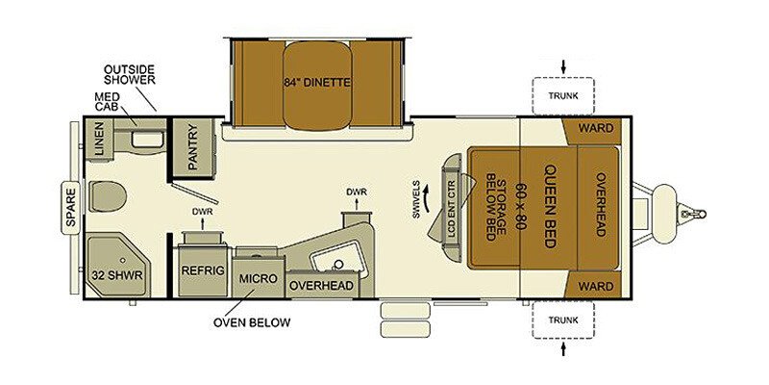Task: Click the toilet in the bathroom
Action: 108,196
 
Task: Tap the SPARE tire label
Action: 70,207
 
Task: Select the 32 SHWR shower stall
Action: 117,266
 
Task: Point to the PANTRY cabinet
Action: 192,147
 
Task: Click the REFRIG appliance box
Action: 203,270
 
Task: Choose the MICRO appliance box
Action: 258,278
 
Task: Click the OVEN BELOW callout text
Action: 252,322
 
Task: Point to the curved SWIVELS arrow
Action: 427,199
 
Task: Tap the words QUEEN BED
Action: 550,206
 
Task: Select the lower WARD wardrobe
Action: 592,284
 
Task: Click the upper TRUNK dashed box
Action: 563,95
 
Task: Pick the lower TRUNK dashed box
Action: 563,321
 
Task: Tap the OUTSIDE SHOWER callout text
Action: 130,74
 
